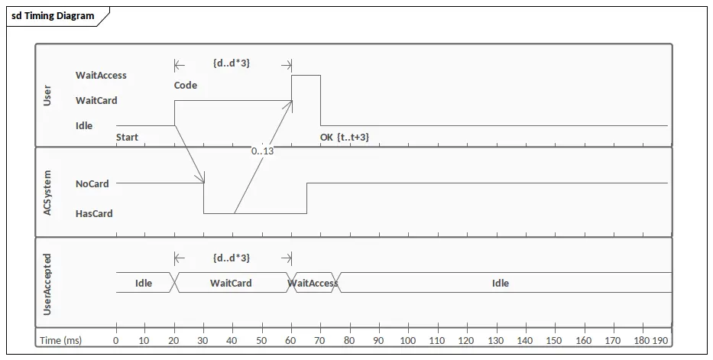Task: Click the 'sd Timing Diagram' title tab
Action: point(53,16)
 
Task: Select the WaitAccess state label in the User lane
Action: point(101,76)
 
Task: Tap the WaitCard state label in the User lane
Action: point(96,100)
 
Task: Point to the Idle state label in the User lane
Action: point(84,126)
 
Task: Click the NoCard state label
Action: point(92,184)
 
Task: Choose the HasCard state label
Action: point(94,214)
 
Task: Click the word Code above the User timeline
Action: point(186,86)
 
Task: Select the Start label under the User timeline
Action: point(128,138)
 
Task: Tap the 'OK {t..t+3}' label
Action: point(345,138)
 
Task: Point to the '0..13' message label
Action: point(263,151)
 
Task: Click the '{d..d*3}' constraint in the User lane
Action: point(232,63)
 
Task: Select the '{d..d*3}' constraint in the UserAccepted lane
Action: point(232,258)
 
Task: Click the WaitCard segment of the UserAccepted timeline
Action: point(231,283)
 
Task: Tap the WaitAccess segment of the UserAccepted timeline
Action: point(313,283)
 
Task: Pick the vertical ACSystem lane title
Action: point(47,193)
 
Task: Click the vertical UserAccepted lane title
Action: point(47,284)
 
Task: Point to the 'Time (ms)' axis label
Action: point(61,340)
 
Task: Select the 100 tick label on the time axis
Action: point(408,340)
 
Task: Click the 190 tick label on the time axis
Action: point(660,340)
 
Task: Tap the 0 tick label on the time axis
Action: point(116,340)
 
